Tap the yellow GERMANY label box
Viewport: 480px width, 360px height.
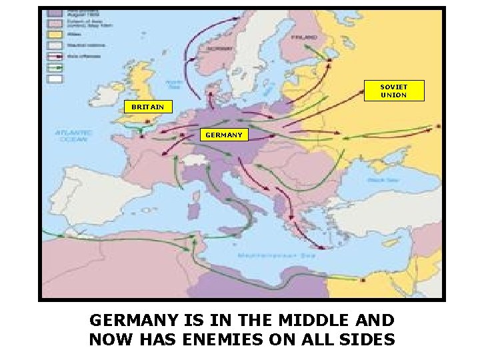point(224,135)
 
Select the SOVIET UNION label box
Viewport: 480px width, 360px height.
point(393,91)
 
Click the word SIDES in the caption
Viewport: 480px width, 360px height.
point(367,339)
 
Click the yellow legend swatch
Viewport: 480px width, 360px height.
point(55,33)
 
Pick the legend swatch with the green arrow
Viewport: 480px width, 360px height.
point(55,67)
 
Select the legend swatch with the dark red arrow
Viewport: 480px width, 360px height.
point(55,56)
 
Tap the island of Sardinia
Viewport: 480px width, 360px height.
point(195,210)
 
